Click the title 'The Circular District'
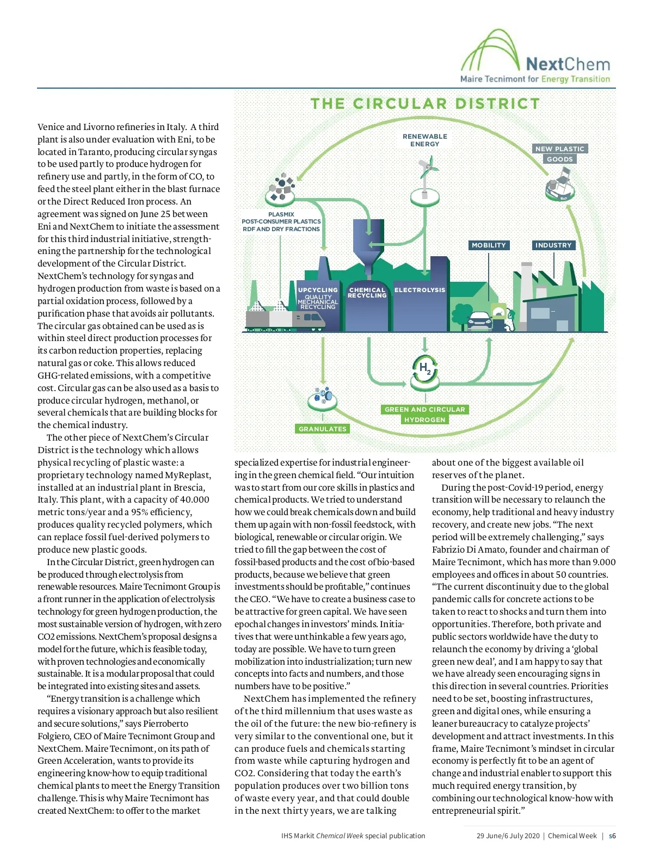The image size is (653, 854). click(425, 104)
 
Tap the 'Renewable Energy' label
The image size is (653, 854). click(425, 140)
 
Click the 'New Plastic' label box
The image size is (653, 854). click(559, 148)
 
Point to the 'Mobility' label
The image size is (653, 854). click(489, 245)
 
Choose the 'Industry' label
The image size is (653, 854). click(553, 245)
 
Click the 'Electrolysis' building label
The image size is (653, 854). click(420, 290)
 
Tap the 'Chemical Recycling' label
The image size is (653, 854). click(367, 293)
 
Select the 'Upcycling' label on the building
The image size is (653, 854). click(318, 290)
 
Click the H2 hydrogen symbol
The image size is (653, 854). click(424, 368)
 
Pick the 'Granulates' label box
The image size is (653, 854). click(322, 429)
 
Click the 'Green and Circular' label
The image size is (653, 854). click(424, 410)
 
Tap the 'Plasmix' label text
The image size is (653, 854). click(281, 214)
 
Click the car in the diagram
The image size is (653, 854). click(479, 321)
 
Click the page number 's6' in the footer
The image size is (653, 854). click(612, 836)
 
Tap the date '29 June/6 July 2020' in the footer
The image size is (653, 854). click(508, 836)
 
